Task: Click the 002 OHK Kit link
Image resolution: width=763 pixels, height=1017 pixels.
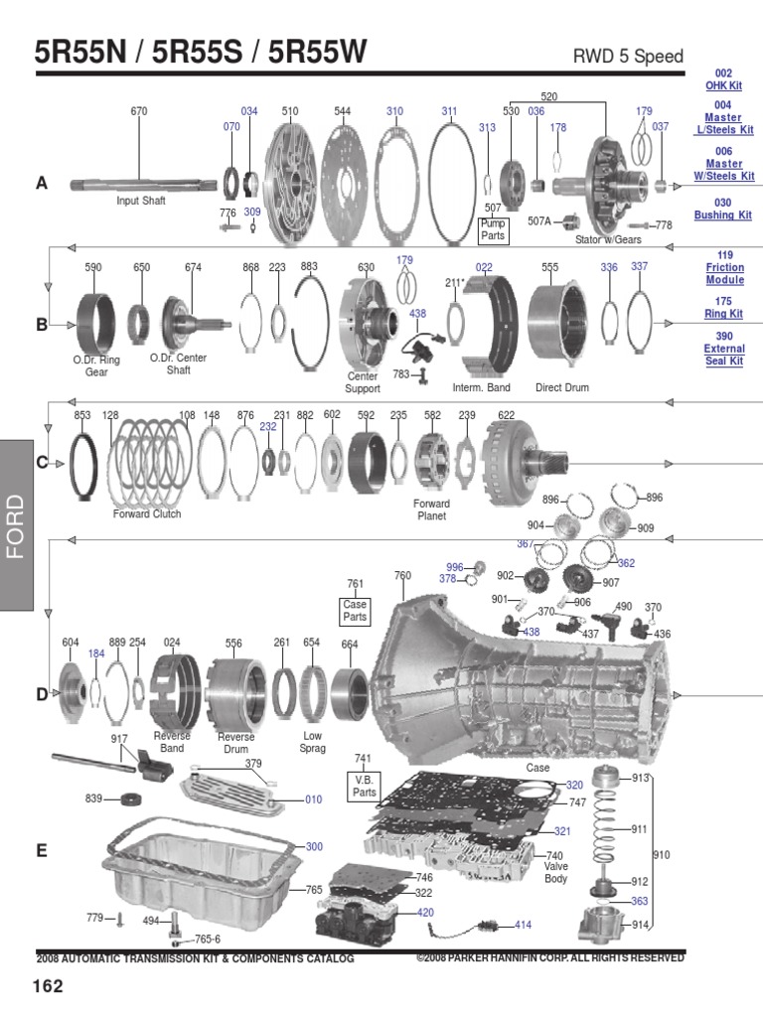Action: (723, 79)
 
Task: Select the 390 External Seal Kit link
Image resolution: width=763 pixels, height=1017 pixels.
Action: (723, 349)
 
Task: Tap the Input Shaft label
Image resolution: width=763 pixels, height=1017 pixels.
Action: (140, 201)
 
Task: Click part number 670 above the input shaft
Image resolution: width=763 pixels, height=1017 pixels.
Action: (139, 111)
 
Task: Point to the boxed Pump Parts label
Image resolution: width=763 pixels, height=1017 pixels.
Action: (493, 229)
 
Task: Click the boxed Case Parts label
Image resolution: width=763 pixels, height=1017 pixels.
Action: (355, 610)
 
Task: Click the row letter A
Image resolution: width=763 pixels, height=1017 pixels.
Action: (42, 183)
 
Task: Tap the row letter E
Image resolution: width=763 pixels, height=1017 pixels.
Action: (42, 851)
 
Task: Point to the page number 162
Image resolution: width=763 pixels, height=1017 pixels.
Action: (49, 986)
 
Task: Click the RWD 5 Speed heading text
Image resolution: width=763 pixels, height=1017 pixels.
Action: (628, 56)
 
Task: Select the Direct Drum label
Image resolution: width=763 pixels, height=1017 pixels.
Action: (562, 387)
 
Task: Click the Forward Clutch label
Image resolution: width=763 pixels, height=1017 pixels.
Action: (147, 514)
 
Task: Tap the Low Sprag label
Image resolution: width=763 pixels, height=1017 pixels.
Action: (312, 743)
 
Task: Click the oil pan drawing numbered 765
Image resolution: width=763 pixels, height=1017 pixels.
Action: (199, 874)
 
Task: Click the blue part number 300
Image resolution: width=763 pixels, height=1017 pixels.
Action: (314, 846)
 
